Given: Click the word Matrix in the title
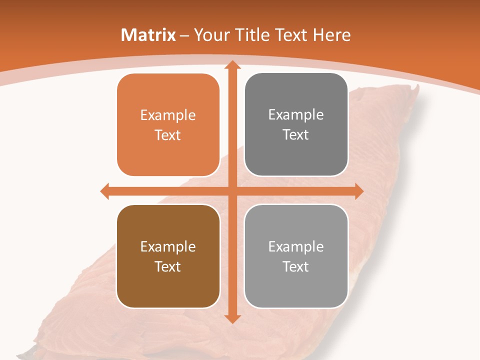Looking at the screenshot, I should click(148, 35).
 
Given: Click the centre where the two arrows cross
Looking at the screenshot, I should click(231, 191).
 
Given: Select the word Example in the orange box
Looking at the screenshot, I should click(168, 115).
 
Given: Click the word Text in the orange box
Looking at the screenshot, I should click(168, 135).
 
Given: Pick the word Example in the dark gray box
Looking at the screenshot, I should click(296, 115).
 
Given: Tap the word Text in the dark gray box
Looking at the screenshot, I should click(296, 134).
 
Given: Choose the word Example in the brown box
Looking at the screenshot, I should click(168, 247).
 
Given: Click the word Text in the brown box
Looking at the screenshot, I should click(168, 266).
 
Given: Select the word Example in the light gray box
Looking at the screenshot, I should click(296, 246).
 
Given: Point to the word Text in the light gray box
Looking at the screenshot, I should click(296, 266).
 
